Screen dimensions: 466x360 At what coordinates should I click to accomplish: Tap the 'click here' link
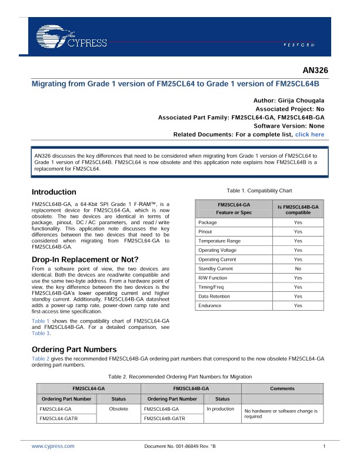(309, 135)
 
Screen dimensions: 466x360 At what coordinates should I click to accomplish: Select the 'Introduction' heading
(54, 192)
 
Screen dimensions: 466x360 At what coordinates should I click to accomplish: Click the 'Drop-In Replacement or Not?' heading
(85, 260)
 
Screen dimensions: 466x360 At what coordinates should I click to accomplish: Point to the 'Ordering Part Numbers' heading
(74, 349)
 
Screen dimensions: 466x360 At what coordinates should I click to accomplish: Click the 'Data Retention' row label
(214, 296)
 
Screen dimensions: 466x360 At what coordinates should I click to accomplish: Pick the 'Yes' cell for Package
(298, 222)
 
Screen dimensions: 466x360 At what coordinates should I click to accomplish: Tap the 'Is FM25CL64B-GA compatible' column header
(298, 209)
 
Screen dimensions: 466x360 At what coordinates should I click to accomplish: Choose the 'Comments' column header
(282, 388)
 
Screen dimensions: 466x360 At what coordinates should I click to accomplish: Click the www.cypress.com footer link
(49, 447)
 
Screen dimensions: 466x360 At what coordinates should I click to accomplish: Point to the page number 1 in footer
(324, 447)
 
